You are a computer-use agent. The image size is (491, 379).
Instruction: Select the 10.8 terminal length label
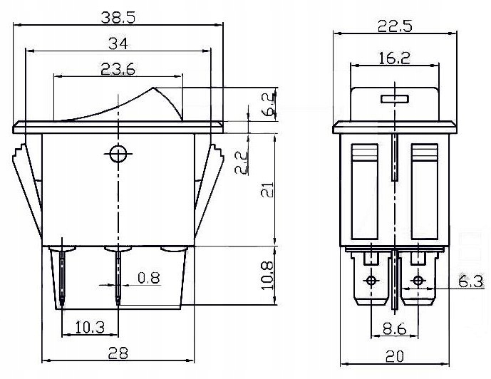click(266, 275)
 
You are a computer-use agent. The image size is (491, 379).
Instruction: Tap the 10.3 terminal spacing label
click(89, 328)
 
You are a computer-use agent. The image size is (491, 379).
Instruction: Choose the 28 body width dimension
click(118, 353)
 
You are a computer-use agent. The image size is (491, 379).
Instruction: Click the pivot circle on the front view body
click(118, 152)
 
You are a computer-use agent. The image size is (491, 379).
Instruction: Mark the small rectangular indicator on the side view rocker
click(393, 98)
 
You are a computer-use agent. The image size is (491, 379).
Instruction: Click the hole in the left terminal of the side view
click(371, 279)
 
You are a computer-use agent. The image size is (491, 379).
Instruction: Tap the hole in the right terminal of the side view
click(418, 279)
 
